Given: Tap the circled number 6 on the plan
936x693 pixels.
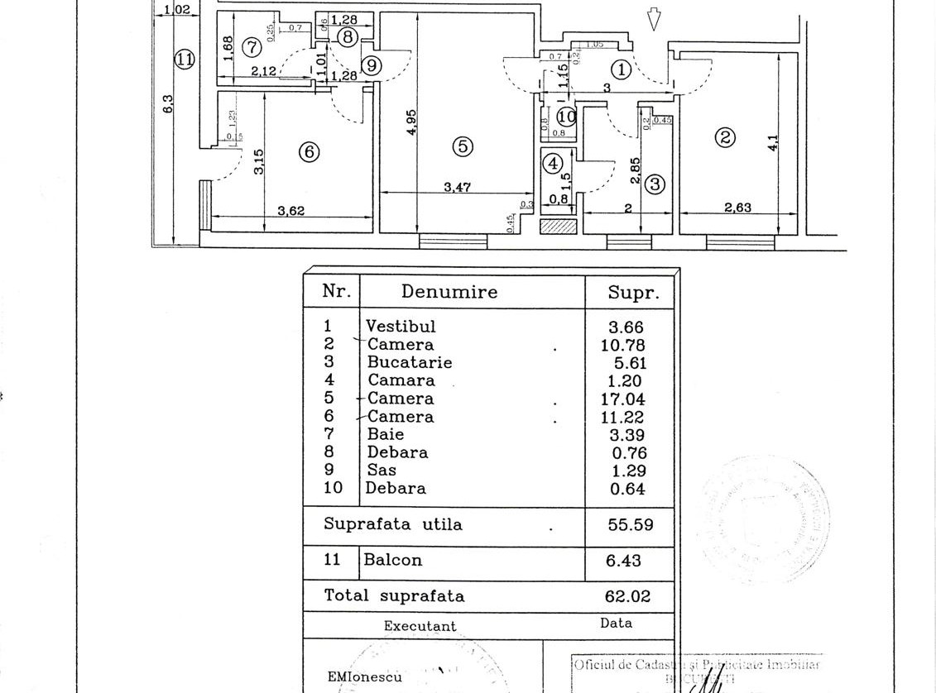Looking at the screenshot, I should click(x=308, y=152).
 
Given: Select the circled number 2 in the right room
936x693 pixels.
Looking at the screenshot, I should click(x=725, y=137).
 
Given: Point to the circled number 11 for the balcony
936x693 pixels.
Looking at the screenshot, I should click(x=184, y=59).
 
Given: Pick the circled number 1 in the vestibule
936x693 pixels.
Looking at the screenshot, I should click(x=622, y=70).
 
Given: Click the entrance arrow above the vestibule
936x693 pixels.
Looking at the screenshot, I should click(x=654, y=19).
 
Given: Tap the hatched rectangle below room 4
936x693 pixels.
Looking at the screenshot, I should click(x=556, y=225).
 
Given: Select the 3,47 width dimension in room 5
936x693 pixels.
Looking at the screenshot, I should click(x=457, y=187).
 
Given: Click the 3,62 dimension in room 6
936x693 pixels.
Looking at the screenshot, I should click(x=291, y=211).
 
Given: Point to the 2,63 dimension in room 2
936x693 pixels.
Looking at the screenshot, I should click(x=737, y=208).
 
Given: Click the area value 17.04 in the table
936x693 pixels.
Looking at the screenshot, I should click(x=623, y=399).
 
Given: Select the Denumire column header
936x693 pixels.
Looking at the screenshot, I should click(x=449, y=291).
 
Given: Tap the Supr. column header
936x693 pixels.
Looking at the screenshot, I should click(x=633, y=291).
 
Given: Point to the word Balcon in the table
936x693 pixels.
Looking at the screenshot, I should click(x=393, y=560).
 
